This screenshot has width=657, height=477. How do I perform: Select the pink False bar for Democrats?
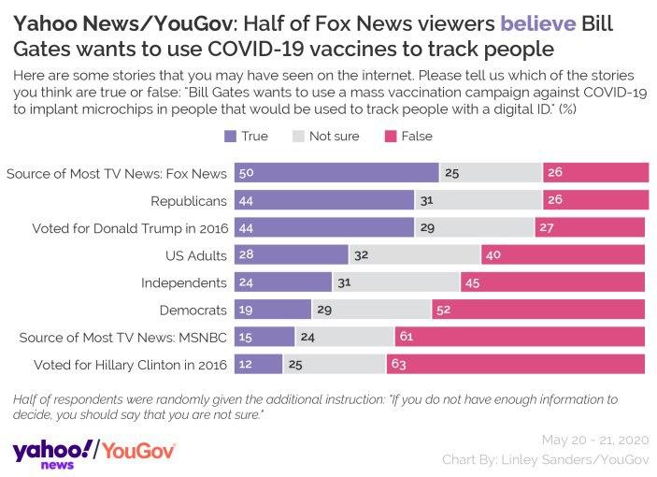[539, 309]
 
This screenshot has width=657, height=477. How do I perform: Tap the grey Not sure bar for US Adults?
[414, 254]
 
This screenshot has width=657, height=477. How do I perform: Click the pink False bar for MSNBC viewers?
[521, 336]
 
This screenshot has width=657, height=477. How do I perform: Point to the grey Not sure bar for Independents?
[395, 282]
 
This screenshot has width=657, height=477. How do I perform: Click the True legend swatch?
[231, 137]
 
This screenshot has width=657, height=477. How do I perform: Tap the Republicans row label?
[190, 200]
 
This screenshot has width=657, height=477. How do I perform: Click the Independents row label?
[184, 282]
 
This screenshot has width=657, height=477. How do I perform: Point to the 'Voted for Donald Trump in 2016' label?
[130, 227]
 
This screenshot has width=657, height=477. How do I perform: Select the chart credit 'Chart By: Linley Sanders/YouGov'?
[544, 459]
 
